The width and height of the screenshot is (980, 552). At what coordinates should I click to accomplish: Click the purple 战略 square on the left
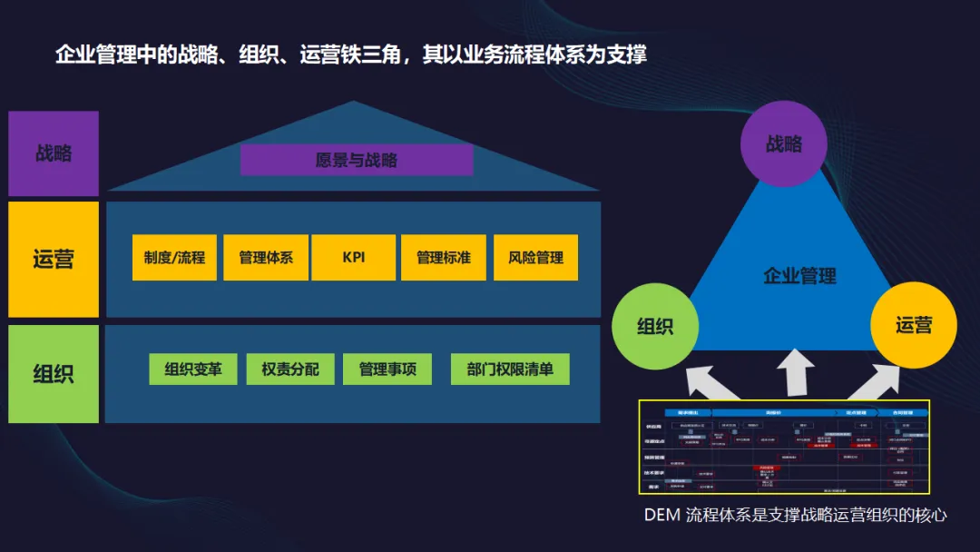click(54, 153)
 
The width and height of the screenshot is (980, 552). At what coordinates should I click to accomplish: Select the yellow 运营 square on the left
click(54, 260)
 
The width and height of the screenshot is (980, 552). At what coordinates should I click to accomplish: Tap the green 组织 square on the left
click(54, 373)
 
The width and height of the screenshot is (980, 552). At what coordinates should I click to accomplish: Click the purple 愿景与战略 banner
click(357, 161)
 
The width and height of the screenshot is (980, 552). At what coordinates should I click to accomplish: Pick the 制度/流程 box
click(174, 258)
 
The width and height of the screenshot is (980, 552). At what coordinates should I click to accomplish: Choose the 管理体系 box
click(266, 258)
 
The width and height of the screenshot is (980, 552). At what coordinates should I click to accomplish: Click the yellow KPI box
click(354, 258)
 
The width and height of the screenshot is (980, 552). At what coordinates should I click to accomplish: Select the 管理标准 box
click(444, 258)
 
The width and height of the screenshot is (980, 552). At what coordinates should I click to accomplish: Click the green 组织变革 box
click(193, 370)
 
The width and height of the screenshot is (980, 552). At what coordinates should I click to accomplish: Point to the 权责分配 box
click(290, 370)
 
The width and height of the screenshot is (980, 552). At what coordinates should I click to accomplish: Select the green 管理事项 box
click(387, 370)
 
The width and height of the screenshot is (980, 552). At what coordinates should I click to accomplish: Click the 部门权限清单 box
click(510, 370)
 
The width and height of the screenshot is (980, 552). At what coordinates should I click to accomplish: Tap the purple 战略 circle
click(784, 144)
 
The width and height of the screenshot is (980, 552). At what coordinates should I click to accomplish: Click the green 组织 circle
click(655, 326)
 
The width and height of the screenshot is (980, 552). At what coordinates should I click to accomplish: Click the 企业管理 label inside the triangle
click(799, 276)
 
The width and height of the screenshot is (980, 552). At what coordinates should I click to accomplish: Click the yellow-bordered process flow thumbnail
click(784, 448)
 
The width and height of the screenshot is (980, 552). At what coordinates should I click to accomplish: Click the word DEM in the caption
click(661, 516)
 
